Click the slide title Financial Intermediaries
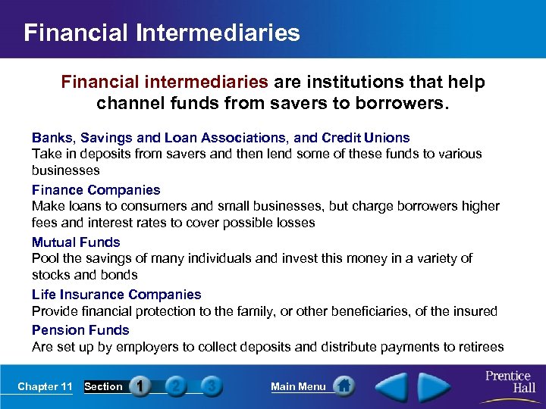pos(162,33)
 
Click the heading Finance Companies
pos(96,189)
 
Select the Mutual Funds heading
pos(76,242)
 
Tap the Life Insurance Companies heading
pos(116,294)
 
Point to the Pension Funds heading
pos(80,329)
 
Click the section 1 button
pos(140,386)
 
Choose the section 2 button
pos(175,386)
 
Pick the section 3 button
pos(212,386)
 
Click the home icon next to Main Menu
pos(344,386)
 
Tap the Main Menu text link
pos(298,386)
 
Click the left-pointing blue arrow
pos(394,386)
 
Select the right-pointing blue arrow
pos(435,386)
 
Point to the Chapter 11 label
pos(45,386)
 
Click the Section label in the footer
pos(103,386)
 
